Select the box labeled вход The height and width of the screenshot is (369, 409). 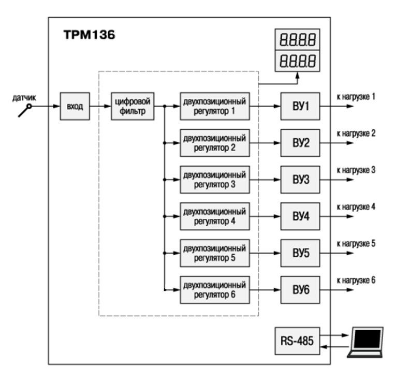75,107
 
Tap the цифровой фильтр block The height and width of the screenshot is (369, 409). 133,106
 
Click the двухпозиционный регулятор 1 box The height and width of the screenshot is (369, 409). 214,106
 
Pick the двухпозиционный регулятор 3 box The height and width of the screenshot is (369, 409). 214,180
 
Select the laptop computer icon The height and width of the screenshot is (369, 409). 366,341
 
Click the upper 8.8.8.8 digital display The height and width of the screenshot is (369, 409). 298,39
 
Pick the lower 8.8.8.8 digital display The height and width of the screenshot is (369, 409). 298,61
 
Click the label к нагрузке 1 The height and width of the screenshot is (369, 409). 356,97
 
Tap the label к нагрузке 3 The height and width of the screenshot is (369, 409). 356,170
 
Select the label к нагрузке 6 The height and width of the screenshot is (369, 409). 356,281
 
